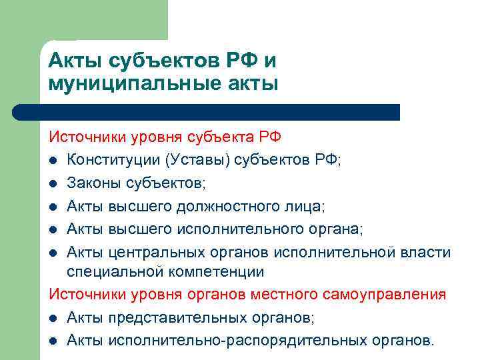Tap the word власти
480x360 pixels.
[x=429, y=252]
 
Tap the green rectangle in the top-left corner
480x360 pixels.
[x=83, y=20]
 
